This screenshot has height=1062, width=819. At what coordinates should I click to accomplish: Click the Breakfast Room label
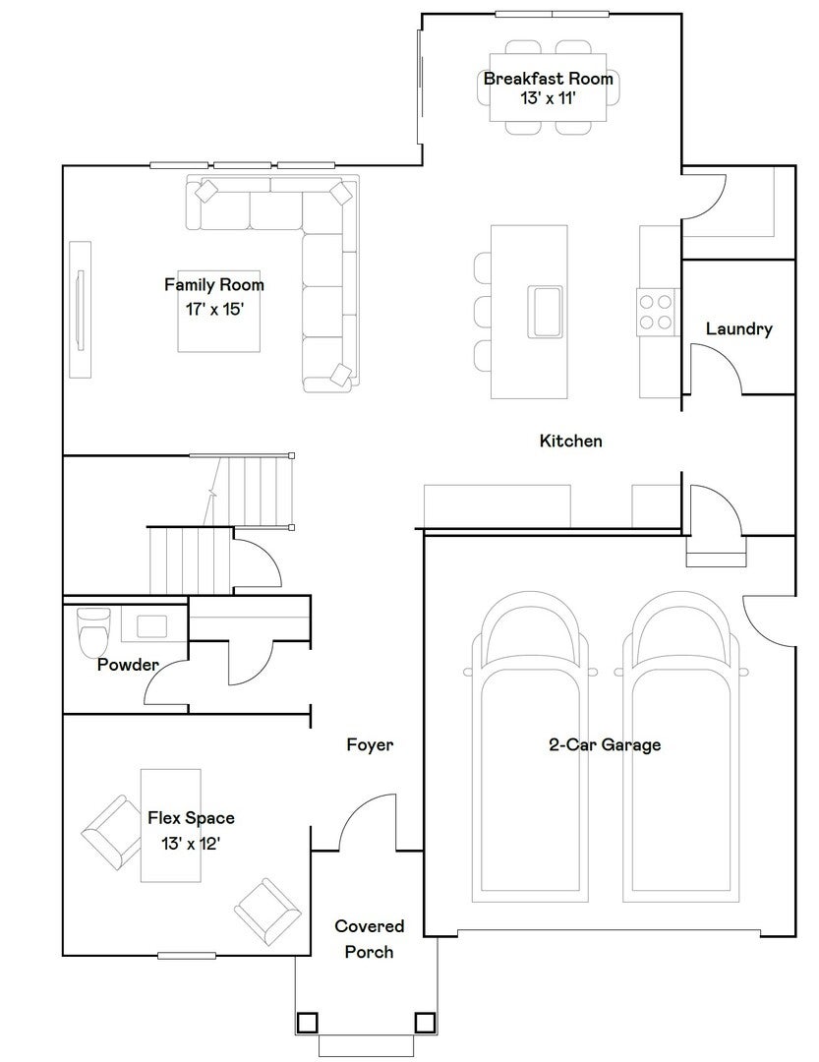coord(548,79)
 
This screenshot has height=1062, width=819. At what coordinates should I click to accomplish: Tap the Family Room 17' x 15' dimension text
coord(214,310)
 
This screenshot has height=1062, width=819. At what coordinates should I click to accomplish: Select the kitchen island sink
coord(546,312)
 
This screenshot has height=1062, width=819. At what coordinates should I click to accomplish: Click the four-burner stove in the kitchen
coord(656,311)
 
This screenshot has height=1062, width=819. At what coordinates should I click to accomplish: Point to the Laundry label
coord(739,329)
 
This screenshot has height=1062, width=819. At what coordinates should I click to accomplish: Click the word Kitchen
coord(570,441)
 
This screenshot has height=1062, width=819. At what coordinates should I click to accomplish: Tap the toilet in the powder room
coord(93,632)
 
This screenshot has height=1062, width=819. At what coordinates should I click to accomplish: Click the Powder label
coord(128,665)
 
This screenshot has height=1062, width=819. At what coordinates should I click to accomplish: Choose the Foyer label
coord(370,745)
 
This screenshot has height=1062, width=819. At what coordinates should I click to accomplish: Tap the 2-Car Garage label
coord(605,745)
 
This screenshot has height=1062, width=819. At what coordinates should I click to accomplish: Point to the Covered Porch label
coord(370,939)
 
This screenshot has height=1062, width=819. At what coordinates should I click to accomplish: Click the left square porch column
coord(307,1022)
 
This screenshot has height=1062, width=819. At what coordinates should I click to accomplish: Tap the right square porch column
coord(424,1022)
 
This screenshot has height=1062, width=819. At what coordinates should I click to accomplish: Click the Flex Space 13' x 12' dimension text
coord(191,844)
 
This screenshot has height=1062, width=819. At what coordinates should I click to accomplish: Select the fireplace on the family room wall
coord(80,310)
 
